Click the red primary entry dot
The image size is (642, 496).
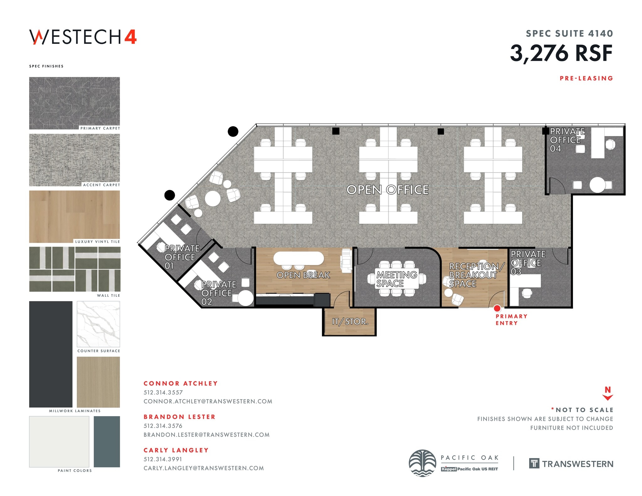tap(497, 308)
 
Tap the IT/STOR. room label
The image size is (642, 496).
tap(350, 321)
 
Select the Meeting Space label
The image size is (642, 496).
tap(396, 279)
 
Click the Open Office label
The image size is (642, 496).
tap(387, 190)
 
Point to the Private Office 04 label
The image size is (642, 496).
tap(567, 140)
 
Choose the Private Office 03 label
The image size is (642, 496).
tap(528, 263)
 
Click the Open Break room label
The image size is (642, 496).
tap(303, 275)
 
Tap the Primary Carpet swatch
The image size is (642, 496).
tap(74, 102)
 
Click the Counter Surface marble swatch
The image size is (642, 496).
tap(98, 324)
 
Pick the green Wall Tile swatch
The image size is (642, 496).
tap(75, 269)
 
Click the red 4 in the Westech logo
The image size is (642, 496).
tap(130, 37)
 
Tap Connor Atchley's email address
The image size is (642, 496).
tap(208, 401)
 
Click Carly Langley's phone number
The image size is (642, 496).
tap(163, 459)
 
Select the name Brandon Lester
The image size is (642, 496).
tap(179, 417)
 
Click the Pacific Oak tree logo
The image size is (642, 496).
tap(422, 463)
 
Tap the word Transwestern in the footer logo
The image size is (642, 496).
tap(577, 464)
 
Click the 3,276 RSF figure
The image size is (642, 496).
tap(561, 53)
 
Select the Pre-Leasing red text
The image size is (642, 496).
tap(586, 78)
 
